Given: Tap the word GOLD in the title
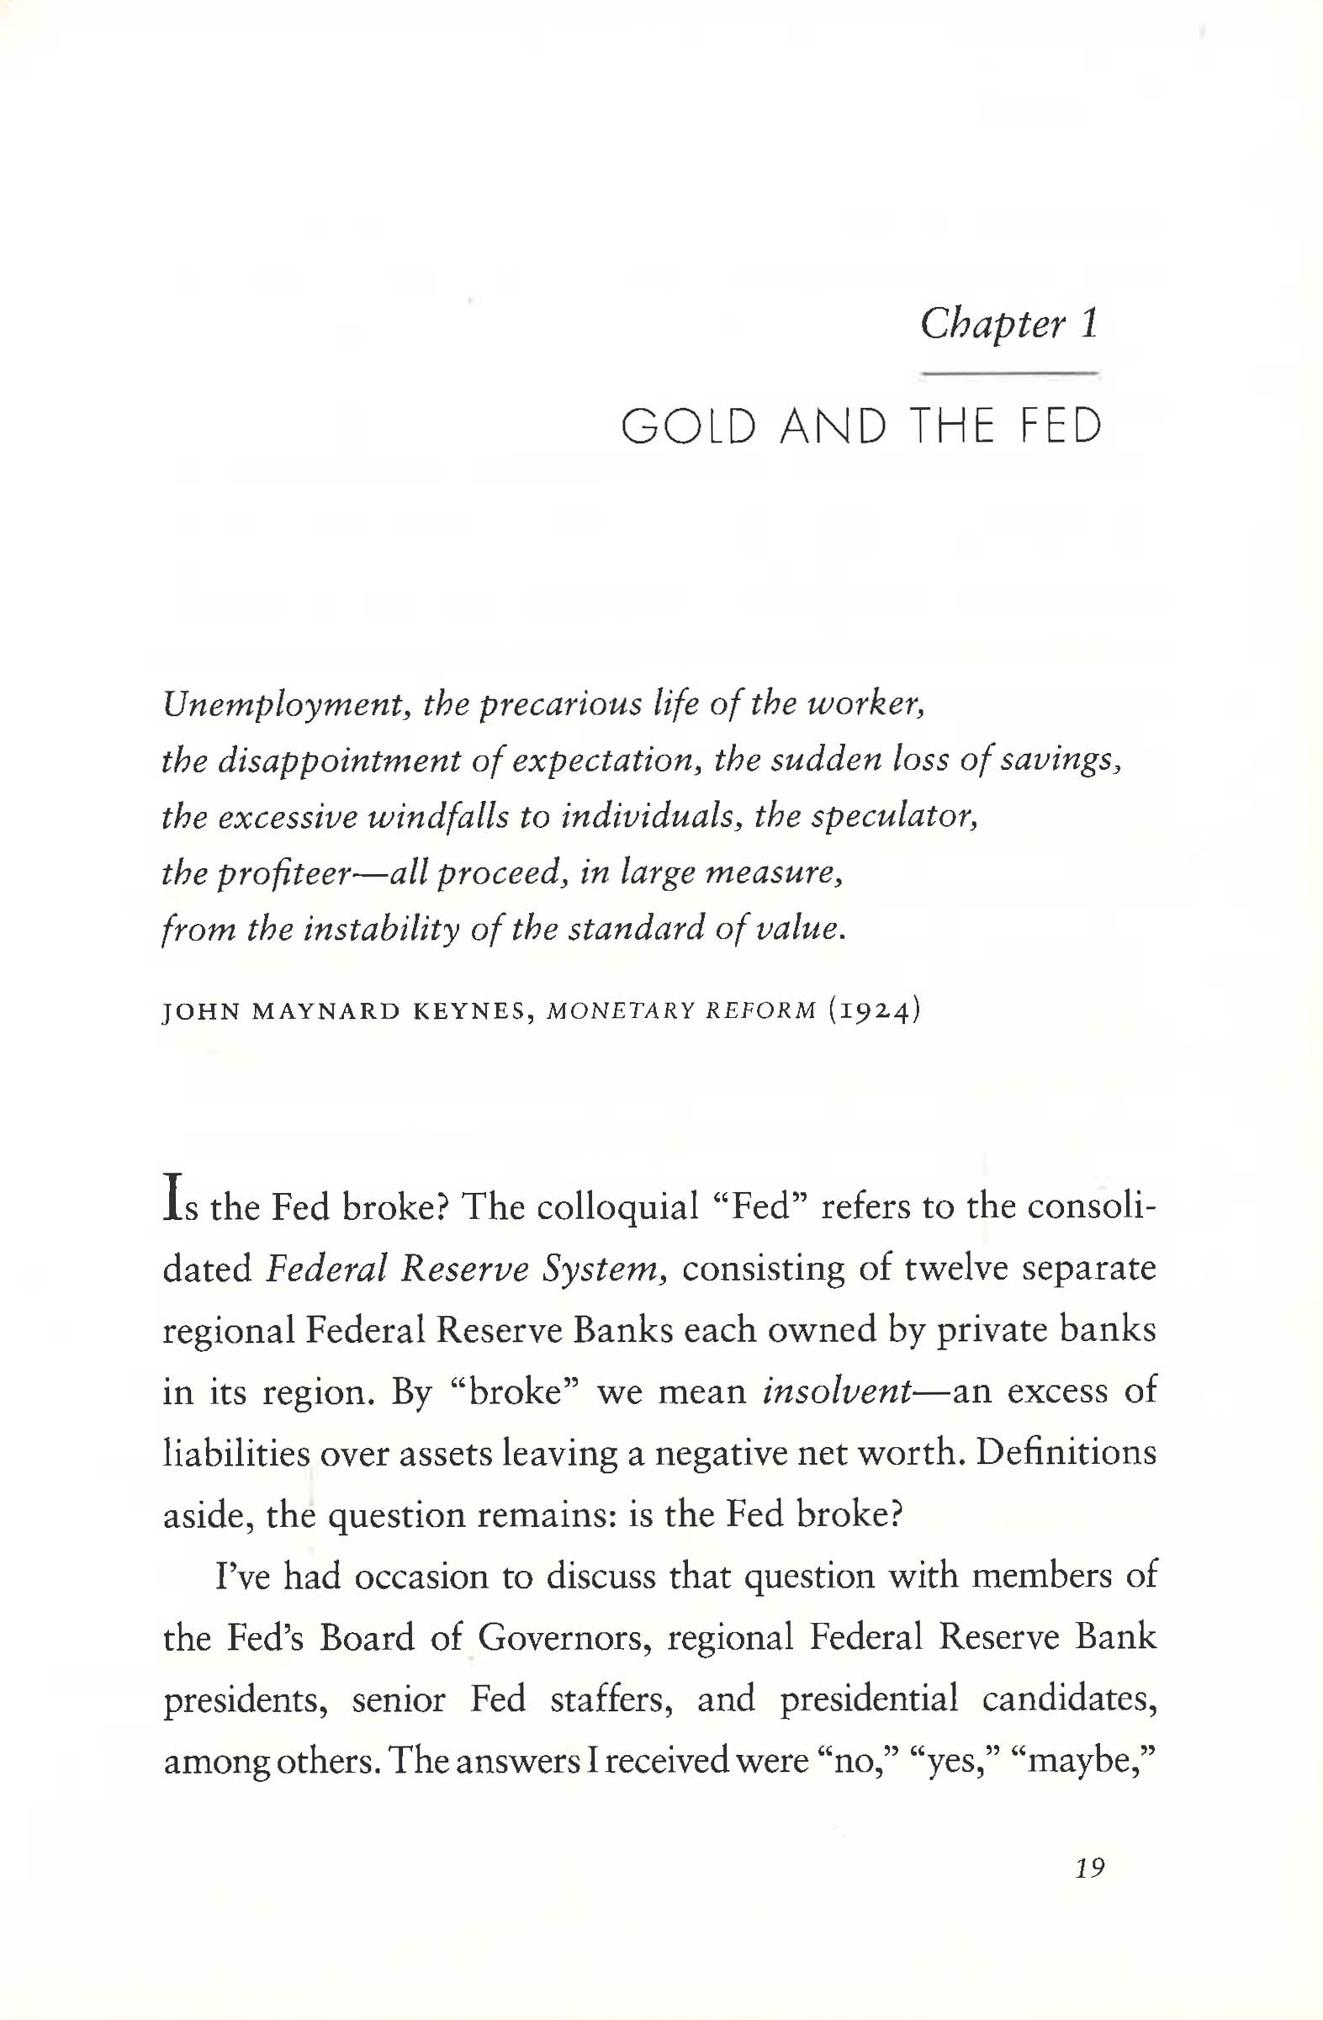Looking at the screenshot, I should click(688, 427).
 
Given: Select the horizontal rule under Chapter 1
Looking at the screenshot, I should click(1009, 374).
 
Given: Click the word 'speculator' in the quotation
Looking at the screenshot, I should click(895, 816).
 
